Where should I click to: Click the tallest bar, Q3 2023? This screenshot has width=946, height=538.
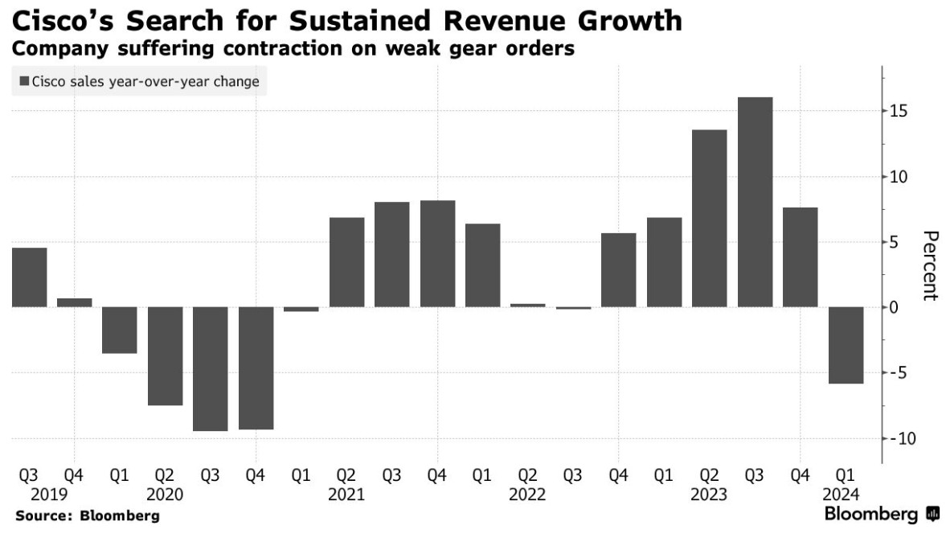tap(755, 202)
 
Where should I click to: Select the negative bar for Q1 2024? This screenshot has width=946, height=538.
tap(846, 345)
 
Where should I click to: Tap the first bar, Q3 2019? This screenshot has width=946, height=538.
tap(29, 277)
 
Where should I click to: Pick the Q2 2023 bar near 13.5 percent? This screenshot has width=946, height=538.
tap(710, 218)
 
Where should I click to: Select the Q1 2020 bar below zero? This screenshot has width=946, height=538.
tap(120, 330)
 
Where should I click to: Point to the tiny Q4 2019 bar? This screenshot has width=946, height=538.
tap(75, 302)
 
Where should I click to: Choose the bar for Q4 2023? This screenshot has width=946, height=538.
tap(801, 257)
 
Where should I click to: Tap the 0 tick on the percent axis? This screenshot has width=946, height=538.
tap(894, 307)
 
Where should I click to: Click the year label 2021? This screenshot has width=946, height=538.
tap(346, 495)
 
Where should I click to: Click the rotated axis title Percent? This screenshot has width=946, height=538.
tap(930, 265)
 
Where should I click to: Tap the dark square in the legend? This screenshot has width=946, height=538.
tap(24, 81)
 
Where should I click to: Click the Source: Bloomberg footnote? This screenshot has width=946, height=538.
tap(87, 515)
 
